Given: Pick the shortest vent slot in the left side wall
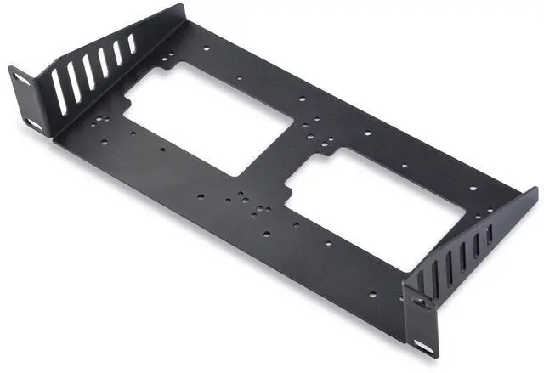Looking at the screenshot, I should [131, 43].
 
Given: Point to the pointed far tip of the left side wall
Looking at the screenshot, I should [184, 7].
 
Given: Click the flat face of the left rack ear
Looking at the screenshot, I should [27, 100].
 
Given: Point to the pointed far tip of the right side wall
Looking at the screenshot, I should [534, 189].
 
